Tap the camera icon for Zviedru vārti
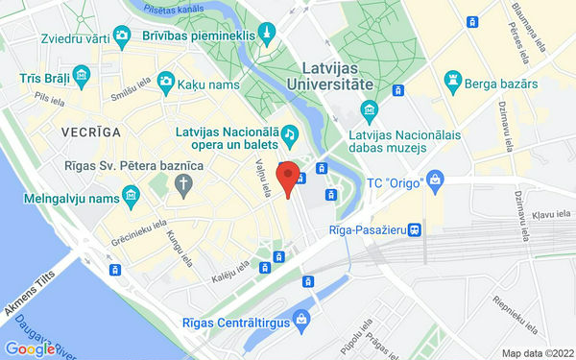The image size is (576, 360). click(121, 36)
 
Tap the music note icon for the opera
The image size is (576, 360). click(288, 132)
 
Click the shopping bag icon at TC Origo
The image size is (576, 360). click(436, 180)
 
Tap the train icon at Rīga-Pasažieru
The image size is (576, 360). click(413, 230)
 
